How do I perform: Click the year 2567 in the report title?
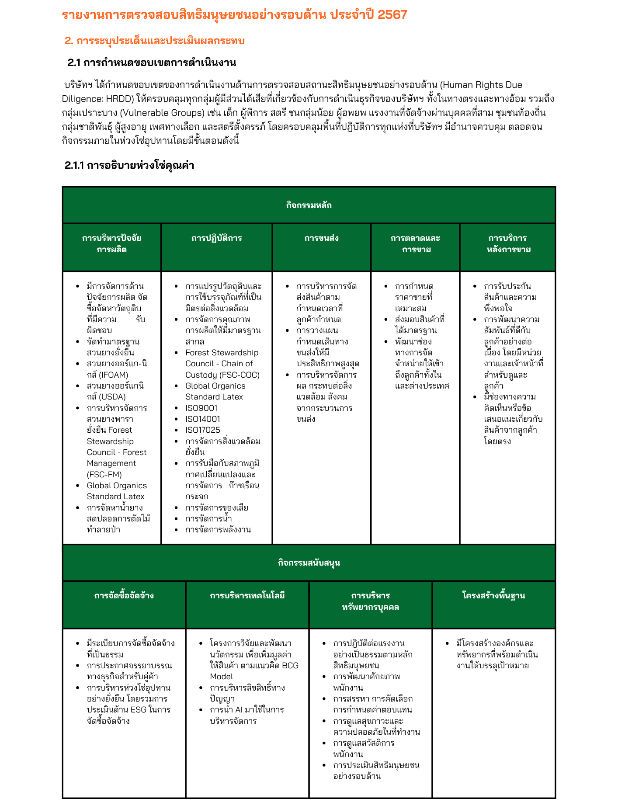coord(392,15)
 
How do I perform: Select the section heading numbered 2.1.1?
coord(129,165)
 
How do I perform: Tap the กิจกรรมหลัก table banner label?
coord(309,205)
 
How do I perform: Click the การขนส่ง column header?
coord(321,238)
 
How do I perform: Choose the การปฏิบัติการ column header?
coord(216,238)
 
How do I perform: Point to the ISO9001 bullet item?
coord(201,408)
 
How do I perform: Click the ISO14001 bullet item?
coord(203,419)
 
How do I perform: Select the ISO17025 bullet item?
coord(203,430)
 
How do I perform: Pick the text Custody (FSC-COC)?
coord(222,375)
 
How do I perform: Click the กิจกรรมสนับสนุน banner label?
coord(309,563)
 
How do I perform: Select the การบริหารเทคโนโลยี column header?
coord(247,596)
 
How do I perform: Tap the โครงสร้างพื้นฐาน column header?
coord(493,596)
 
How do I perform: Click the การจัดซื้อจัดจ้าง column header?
coord(124,596)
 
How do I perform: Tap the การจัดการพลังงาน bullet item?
coord(218,530)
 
